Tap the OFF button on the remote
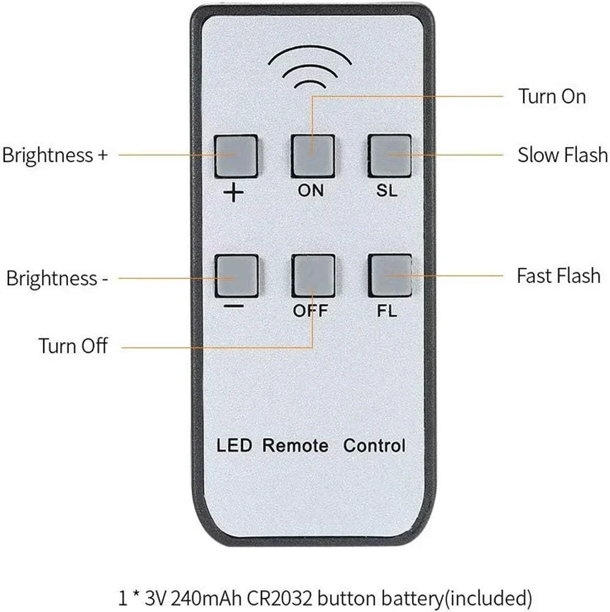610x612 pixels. point(313,275)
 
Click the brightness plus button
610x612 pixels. point(236,156)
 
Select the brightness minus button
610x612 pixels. point(236,275)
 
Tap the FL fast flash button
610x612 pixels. point(390,275)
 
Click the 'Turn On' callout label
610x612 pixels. point(552,96)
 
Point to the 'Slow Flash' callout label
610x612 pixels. point(562,155)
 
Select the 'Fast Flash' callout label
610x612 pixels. point(559,275)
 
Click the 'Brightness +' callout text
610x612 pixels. point(55,155)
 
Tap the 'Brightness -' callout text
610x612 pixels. point(57,278)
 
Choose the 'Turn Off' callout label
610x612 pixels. point(73,346)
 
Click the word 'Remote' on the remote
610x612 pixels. point(295,446)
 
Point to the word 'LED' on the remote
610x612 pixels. point(235,446)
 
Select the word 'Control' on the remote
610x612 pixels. point(374,446)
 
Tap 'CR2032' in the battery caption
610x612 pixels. point(280,598)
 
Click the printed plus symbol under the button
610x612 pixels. point(233,193)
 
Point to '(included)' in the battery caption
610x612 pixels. point(488,599)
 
